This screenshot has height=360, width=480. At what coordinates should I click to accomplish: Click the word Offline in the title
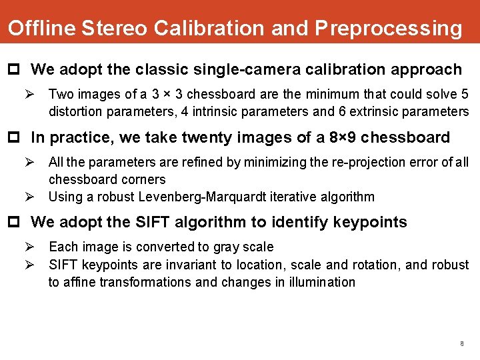[41, 28]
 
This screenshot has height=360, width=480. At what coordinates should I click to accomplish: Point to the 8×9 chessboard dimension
[344, 137]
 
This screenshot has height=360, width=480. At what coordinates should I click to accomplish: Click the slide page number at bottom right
[461, 344]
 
